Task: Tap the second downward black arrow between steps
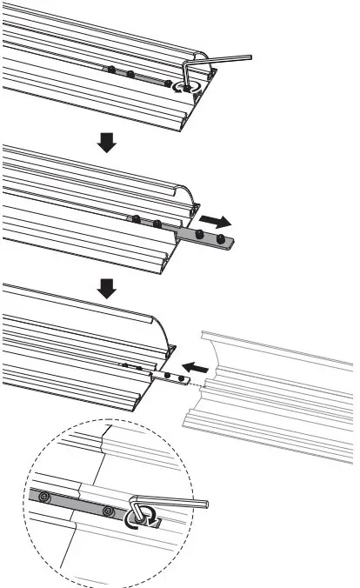pos(106,287)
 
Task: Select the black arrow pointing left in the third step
pos(196,369)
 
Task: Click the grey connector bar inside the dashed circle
pos(78,504)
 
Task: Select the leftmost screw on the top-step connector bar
pos(111,68)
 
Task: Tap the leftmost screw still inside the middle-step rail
pos(137,217)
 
